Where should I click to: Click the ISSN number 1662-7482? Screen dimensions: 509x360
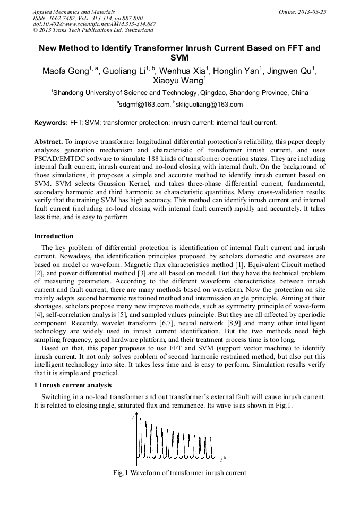(x=58, y=18)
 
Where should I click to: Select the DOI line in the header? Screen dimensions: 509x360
(x=95, y=24)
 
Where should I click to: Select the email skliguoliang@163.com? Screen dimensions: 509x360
(x=201, y=105)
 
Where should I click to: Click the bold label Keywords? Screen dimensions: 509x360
(x=51, y=123)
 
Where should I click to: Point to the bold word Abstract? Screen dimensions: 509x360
(x=48, y=142)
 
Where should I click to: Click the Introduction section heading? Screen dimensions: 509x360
(x=54, y=236)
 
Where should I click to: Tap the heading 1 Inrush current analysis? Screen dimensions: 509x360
(x=73, y=385)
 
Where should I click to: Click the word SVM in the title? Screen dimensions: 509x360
(x=179, y=57)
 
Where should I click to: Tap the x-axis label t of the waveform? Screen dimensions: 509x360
(x=221, y=460)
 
